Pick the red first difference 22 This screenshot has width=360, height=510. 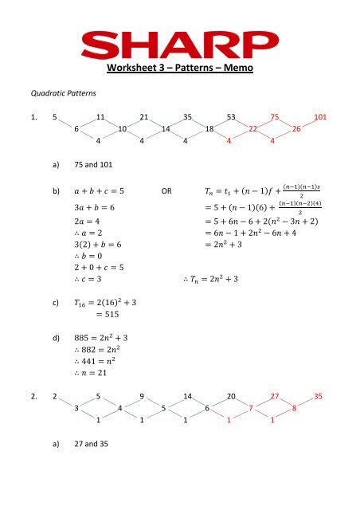coord(252,129)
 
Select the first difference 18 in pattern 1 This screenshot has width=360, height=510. coord(209,129)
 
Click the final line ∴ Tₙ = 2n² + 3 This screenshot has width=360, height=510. coord(215,280)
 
